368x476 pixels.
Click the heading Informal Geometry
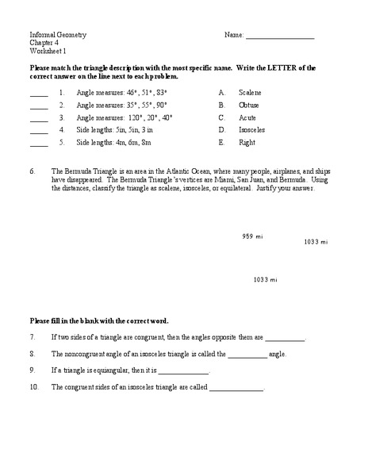(58, 36)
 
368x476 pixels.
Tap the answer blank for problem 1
(39, 94)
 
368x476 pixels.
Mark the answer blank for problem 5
(39, 145)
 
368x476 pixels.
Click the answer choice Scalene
(250, 92)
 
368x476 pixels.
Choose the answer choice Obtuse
(249, 105)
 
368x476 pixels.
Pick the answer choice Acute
(247, 117)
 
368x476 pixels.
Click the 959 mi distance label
(252, 236)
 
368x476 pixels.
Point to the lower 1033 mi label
(265, 279)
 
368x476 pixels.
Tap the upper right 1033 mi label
(316, 242)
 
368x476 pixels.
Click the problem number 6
(33, 171)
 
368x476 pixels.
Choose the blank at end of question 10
(236, 388)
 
